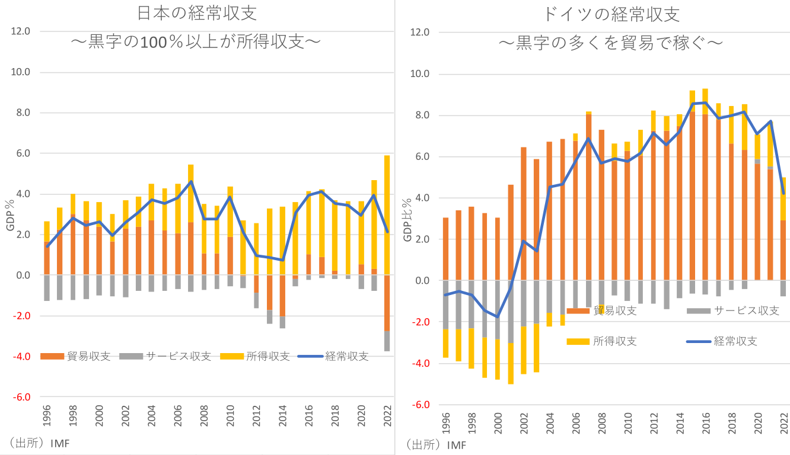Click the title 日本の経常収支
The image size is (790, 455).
click(197, 14)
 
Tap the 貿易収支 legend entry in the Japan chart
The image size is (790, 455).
click(77, 356)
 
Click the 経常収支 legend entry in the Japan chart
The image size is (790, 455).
click(333, 356)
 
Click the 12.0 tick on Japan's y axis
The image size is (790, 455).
click(20, 31)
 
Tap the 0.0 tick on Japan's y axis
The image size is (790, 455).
click(23, 275)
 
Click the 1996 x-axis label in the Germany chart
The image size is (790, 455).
click(446, 425)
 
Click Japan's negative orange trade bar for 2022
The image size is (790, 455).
click(387, 303)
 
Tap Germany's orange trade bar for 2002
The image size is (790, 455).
click(524, 213)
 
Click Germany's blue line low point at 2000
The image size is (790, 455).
click(498, 317)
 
